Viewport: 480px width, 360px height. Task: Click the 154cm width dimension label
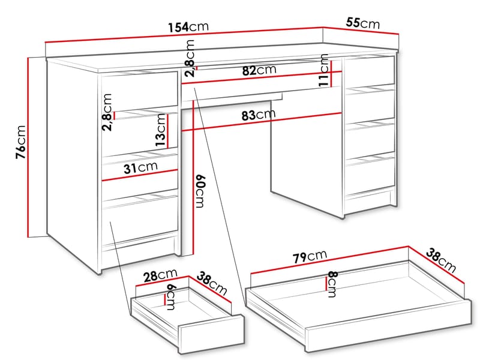(x=188, y=27)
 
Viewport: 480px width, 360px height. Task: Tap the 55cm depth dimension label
(x=363, y=23)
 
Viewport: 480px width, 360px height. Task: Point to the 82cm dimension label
(x=259, y=70)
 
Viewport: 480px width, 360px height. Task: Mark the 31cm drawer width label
(x=140, y=168)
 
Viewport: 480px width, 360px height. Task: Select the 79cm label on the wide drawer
(x=310, y=257)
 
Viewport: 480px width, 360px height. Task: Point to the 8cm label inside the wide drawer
(x=332, y=283)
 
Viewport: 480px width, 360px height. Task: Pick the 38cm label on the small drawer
(x=214, y=284)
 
